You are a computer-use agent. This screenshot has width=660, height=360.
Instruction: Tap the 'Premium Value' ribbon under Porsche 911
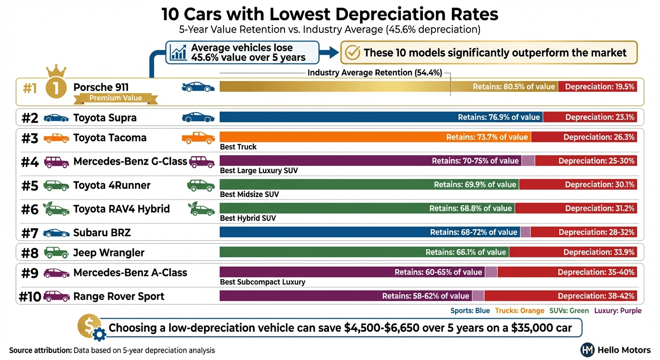point(115,98)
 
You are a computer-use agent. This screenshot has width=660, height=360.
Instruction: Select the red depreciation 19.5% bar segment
point(597,87)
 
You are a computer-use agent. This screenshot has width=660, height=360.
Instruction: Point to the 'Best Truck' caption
point(238,147)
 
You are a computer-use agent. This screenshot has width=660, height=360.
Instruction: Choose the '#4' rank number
point(30,162)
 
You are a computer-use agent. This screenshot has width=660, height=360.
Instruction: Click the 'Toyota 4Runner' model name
point(112,185)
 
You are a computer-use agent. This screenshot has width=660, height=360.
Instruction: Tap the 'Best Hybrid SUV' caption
point(247,218)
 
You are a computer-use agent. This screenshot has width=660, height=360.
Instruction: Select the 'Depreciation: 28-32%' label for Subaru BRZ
point(596,232)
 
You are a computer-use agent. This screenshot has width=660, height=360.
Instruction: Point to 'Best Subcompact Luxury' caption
point(262,282)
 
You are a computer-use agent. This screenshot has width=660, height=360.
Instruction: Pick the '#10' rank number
point(30,297)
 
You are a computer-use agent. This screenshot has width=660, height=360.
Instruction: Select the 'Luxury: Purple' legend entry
point(617,311)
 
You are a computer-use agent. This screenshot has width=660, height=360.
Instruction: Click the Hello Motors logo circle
point(587,350)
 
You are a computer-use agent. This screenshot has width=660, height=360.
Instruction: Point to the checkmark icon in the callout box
point(352,52)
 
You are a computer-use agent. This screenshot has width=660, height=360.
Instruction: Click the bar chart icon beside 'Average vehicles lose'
point(178,52)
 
